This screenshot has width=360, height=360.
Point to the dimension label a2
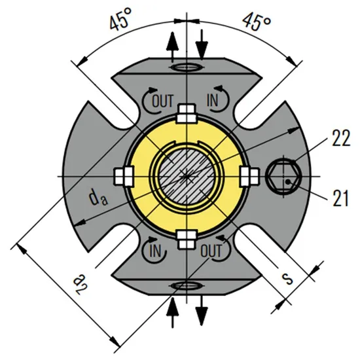pyautogui.click(x=79, y=282)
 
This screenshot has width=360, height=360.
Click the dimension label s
pyautogui.click(x=285, y=277)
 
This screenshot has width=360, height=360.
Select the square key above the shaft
pyautogui.click(x=187, y=115)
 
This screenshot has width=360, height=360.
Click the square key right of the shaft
pyautogui.click(x=249, y=176)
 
